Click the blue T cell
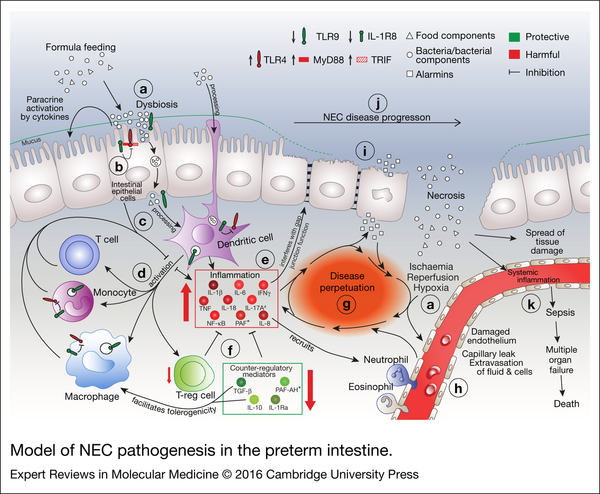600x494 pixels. pos(79,255)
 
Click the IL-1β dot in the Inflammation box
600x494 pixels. pos(213,285)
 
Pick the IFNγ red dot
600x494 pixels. pos(264,285)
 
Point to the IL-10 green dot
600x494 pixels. pos(254,399)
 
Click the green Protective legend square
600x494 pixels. pos(514,37)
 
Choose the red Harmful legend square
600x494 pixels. pos(514,55)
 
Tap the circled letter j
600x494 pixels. pos(378,103)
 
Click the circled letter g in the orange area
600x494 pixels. pos(346,305)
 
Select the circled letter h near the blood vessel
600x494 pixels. pos(458,388)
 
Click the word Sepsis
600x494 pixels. pos(560,312)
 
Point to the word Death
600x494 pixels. pos(566,404)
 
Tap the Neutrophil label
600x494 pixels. pos(386,360)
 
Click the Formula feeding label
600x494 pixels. pos(81,47)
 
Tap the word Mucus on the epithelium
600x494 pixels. pos(31,141)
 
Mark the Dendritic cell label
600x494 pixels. pos(245,242)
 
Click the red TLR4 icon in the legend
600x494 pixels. pos(259,59)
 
